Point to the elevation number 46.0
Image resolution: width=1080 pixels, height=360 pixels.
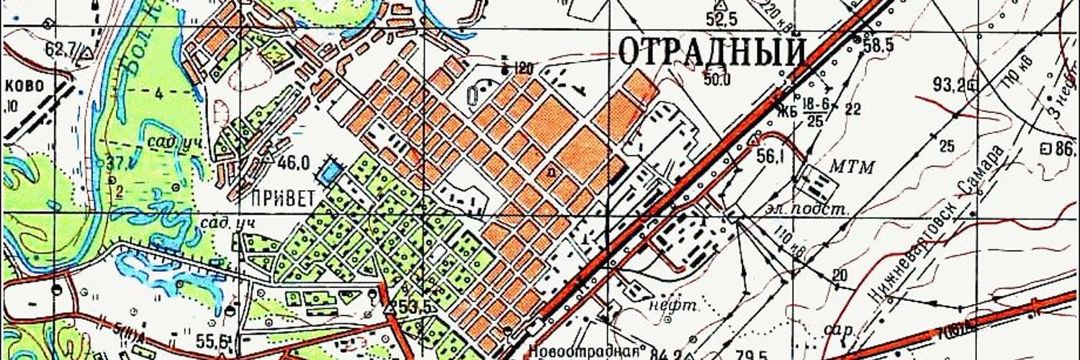(294, 163)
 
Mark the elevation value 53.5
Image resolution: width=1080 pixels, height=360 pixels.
(415, 307)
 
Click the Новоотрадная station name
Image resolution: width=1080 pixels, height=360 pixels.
(584, 351)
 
